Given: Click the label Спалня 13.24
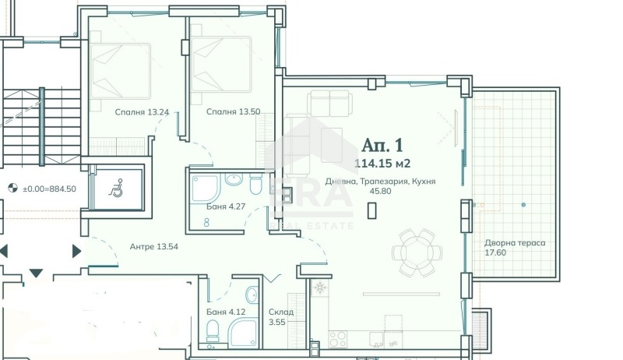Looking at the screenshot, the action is coord(142,112).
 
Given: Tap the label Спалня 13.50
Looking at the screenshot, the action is coord(233,112).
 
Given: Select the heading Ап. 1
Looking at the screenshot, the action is coord(382,145).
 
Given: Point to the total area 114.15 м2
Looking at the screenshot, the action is coord(382,164).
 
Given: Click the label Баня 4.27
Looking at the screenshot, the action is coord(226,206).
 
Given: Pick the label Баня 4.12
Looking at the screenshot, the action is coord(226,312).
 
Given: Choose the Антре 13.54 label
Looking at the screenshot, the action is coord(153,247).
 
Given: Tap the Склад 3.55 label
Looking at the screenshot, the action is coord(281,316).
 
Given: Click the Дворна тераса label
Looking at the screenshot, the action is coord(515,243).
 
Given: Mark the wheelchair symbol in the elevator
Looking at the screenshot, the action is coord(115,188).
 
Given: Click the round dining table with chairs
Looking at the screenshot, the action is coord(417,252).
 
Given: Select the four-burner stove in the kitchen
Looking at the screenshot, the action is coord(338,339).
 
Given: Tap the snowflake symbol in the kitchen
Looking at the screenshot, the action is coord(319,288).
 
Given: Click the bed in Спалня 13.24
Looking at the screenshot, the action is coord(120,71).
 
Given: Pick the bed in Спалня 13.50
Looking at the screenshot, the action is coord(221,65).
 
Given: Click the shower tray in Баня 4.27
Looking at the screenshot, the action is coord(206,189).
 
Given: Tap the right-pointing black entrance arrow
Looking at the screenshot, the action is coord(76,251).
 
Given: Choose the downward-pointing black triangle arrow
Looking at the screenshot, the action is coord(36,273).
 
